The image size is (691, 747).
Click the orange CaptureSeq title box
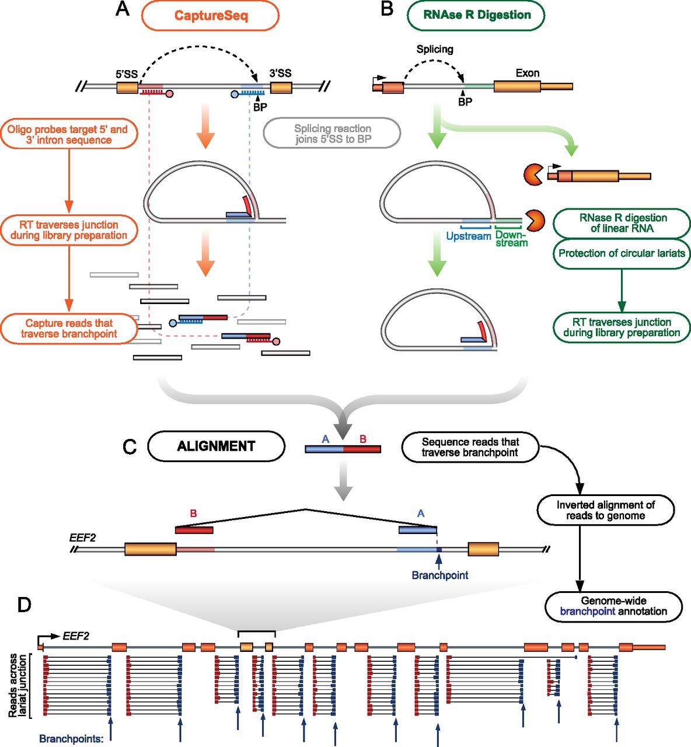pos(210,15)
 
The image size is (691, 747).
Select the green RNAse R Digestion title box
pos(476,15)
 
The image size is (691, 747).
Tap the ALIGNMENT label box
pos(216,446)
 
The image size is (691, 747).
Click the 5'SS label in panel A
pos(127,74)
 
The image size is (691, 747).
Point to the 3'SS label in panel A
pos(281,73)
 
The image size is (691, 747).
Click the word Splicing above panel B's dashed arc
pos(435,49)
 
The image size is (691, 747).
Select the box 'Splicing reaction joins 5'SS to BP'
pos(333,134)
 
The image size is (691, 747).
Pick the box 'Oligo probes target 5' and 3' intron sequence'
pos(68,134)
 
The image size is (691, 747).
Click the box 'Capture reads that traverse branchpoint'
pos(68,329)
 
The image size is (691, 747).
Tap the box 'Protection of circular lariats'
pos(622,253)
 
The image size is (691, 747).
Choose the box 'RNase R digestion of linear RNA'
pos(622,223)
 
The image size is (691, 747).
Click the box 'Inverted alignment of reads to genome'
pos(605,510)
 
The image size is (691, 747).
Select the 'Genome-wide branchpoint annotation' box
pos(613,606)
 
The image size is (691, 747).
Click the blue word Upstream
pos(469,236)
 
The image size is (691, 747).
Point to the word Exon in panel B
pos(528,73)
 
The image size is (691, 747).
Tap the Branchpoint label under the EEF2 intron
pos(439,575)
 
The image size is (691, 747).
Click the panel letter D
pos(25,605)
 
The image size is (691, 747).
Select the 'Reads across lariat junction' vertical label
pos(18,685)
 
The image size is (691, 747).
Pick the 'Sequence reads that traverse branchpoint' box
pos(470,447)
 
